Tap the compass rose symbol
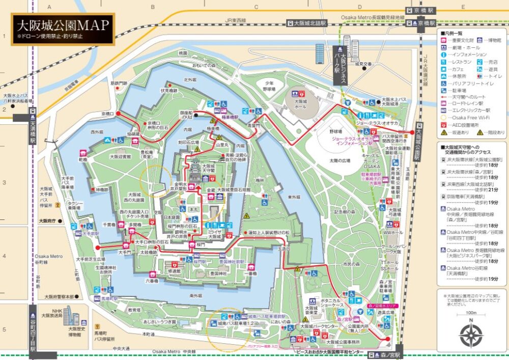pyautogui.click(x=471, y=335)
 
